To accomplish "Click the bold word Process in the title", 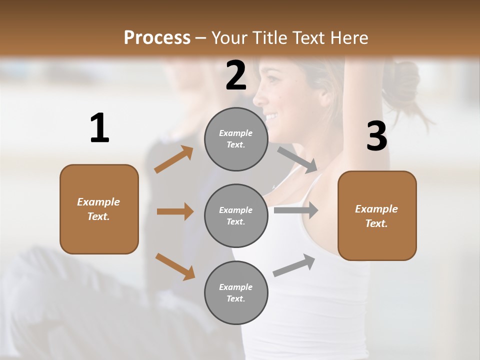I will coord(157,38).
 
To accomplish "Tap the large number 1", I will coord(99,128).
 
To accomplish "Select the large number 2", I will coord(236,75).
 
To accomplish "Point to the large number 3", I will coord(376,136).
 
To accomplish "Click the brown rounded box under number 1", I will coord(99,209).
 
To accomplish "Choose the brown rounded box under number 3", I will coord(377,215).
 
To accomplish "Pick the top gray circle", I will coord(236,139).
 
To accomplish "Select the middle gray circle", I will coord(236,215).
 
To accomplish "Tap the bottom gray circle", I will coord(236,292).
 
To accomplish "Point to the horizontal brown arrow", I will coord(175,211).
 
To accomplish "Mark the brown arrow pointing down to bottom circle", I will coord(175,266).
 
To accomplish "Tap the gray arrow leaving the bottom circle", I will coord(294,265).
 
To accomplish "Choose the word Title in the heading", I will coord(270,38).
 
